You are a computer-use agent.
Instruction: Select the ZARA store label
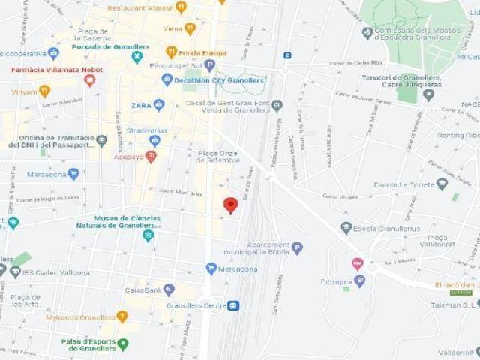[142, 105]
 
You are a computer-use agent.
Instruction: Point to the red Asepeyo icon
[150, 157]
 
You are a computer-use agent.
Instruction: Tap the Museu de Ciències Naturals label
[118, 223]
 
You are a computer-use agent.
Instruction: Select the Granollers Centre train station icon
[233, 305]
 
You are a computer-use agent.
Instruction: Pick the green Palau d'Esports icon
[123, 343]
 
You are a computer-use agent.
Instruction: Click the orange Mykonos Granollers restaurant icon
[122, 316]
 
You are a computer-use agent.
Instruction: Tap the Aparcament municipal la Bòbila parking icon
[297, 247]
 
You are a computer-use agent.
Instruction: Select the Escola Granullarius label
[386, 228]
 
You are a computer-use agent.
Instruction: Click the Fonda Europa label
[202, 52]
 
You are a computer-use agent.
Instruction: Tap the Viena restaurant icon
[190, 28]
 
